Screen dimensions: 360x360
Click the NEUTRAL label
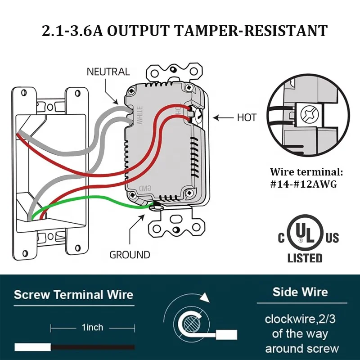pos(108,72)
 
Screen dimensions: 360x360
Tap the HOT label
pos(247,118)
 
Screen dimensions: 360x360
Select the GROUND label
pos(130,255)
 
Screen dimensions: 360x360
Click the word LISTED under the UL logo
pos(305,258)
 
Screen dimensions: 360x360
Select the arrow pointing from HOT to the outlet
pos(222,118)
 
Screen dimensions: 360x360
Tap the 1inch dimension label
pos(92,327)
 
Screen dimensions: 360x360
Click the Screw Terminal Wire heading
pos(74,295)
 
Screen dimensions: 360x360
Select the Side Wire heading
pos(301,292)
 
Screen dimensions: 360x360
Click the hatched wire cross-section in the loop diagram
pos(190,323)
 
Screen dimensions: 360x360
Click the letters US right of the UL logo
pos(332,238)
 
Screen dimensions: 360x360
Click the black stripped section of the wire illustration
pos(92,347)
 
